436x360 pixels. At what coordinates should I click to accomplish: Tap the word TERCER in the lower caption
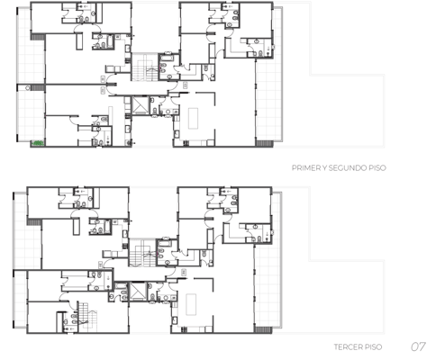[x=348, y=347]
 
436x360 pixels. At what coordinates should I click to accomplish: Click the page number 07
[x=418, y=346]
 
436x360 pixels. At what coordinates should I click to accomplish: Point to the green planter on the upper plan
[x=38, y=143]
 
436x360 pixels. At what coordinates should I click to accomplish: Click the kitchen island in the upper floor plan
[x=193, y=119]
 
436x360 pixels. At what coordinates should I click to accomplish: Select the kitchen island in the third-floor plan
[x=191, y=304]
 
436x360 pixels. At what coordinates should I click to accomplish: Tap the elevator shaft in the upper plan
[x=141, y=105]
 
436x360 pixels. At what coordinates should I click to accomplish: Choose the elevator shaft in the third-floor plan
[x=138, y=292]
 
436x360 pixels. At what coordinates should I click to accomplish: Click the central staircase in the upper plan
[x=145, y=67]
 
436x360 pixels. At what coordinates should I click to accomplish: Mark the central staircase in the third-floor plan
[x=142, y=253]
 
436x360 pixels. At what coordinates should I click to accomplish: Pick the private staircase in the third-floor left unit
[x=87, y=318]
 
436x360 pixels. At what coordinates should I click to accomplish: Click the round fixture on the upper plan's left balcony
[x=28, y=88]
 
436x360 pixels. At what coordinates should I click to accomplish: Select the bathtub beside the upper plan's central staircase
[x=166, y=58]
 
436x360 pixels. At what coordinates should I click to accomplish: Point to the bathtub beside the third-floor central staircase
[x=164, y=244]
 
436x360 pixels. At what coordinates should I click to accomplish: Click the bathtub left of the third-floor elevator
[x=121, y=285]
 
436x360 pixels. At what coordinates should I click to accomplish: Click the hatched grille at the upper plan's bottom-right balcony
[x=265, y=144]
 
